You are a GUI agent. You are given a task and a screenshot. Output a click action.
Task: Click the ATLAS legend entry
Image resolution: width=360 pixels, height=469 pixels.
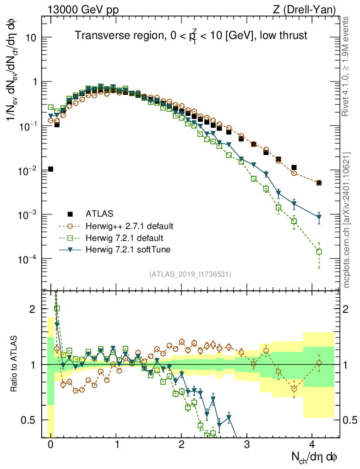tap(99, 213)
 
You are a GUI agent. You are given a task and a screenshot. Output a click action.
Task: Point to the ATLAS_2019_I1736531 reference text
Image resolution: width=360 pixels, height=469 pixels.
tap(190, 274)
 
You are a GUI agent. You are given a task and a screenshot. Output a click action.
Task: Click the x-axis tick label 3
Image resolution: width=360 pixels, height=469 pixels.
tap(247, 444)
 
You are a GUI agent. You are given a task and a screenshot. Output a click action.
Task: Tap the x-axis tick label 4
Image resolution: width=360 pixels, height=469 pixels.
tap(312, 444)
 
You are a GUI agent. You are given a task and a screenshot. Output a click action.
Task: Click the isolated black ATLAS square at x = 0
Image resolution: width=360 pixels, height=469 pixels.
tap(51, 169)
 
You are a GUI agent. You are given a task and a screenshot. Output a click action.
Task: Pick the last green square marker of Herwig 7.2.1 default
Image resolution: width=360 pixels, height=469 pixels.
tap(319, 251)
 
